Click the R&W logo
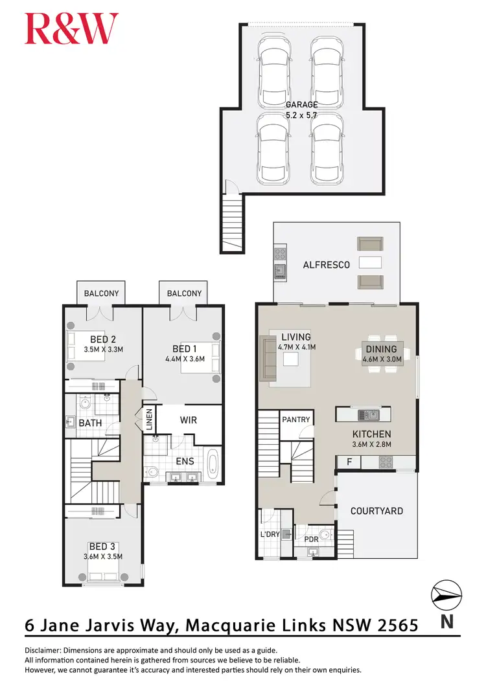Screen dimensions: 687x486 point(71,29)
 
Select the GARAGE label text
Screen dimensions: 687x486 point(302,104)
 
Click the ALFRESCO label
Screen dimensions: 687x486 point(327,265)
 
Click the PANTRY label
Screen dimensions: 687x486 point(297,420)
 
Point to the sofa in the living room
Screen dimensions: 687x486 point(268,357)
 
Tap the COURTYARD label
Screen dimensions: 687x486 point(376,511)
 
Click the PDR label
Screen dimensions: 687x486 point(312,539)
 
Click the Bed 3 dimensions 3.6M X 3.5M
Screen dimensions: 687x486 point(103,556)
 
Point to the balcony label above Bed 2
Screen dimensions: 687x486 point(102,293)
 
